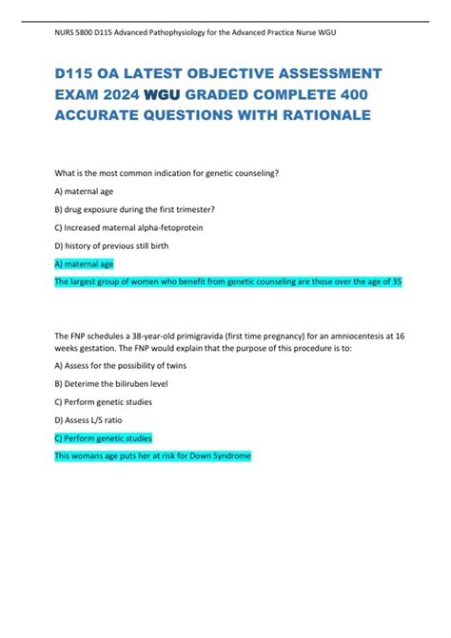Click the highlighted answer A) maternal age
pos(85,264)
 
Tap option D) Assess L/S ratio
pos(95,420)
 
